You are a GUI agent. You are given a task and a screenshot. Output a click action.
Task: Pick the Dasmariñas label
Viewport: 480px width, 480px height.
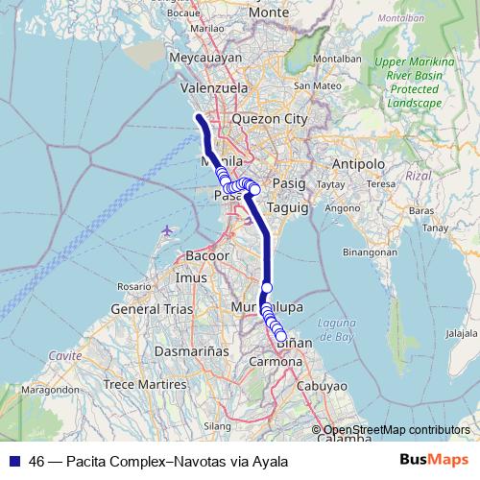(x=191, y=351)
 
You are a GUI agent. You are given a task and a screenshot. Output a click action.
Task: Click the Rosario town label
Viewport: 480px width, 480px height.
(x=134, y=286)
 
